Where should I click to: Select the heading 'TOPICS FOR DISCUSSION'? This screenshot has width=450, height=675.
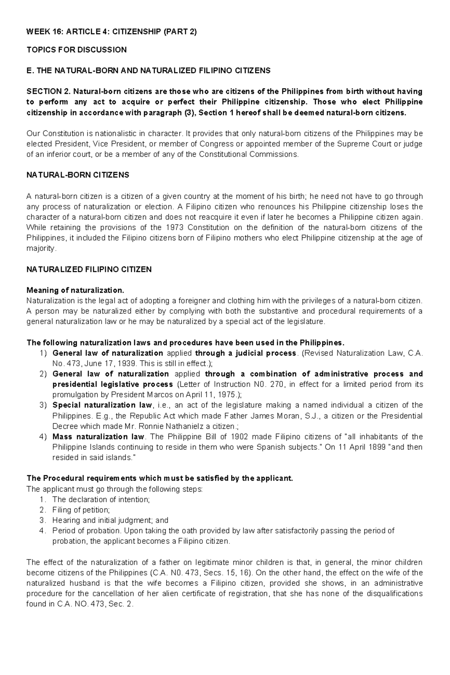(x=76, y=50)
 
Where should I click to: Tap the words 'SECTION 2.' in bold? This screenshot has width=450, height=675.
(x=48, y=91)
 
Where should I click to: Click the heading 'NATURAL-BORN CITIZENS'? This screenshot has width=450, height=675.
(x=78, y=175)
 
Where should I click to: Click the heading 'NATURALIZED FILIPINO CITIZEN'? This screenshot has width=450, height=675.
(x=89, y=269)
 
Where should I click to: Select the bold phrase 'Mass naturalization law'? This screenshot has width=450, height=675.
(x=98, y=437)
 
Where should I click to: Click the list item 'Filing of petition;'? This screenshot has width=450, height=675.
(x=81, y=510)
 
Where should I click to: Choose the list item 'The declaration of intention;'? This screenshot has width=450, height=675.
(x=101, y=500)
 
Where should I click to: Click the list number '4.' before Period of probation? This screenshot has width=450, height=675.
(x=43, y=531)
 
